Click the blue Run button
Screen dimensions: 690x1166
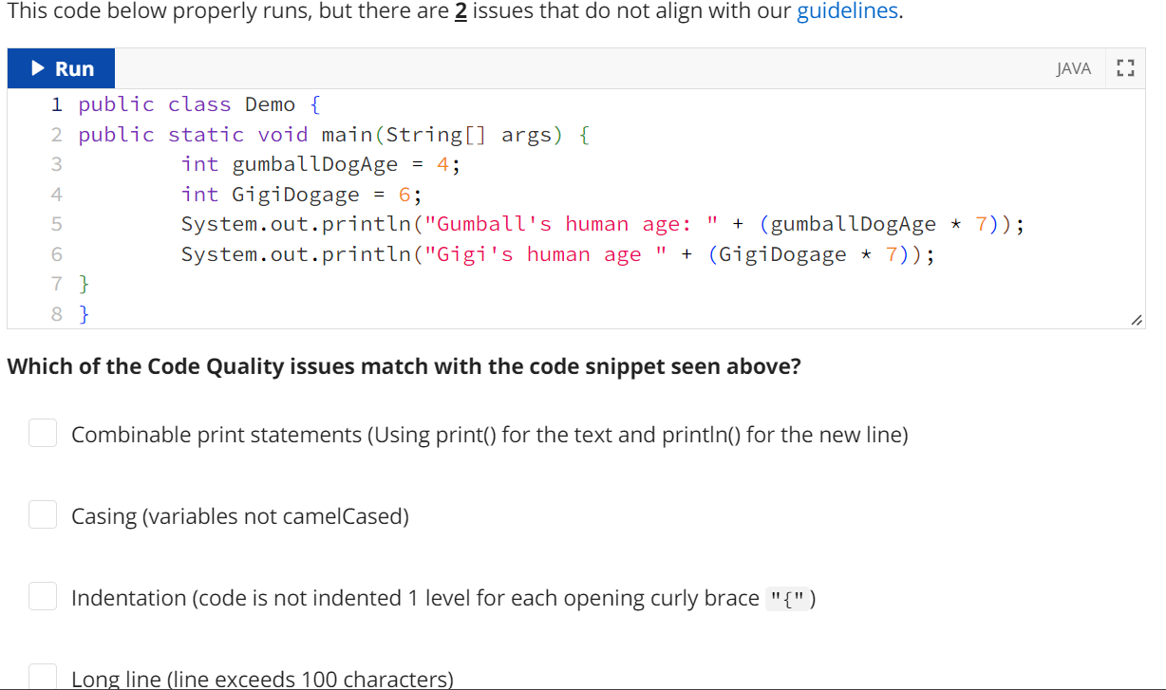[62, 69]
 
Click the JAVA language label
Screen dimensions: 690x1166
[1073, 69]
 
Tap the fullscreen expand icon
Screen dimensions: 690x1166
[1125, 69]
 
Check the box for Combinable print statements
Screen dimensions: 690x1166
[42, 434]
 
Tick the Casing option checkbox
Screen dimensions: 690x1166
[42, 515]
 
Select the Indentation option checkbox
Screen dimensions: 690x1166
[42, 597]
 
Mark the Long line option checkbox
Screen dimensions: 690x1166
[42, 676]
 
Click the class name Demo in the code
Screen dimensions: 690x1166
[270, 104]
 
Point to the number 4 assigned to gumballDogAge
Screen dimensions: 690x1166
[442, 164]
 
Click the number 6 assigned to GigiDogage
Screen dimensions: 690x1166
[404, 195]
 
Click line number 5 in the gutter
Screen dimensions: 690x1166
[56, 225]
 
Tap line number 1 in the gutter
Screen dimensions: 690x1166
[57, 104]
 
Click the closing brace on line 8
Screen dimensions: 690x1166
[85, 313]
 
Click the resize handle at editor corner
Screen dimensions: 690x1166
[1136, 322]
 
